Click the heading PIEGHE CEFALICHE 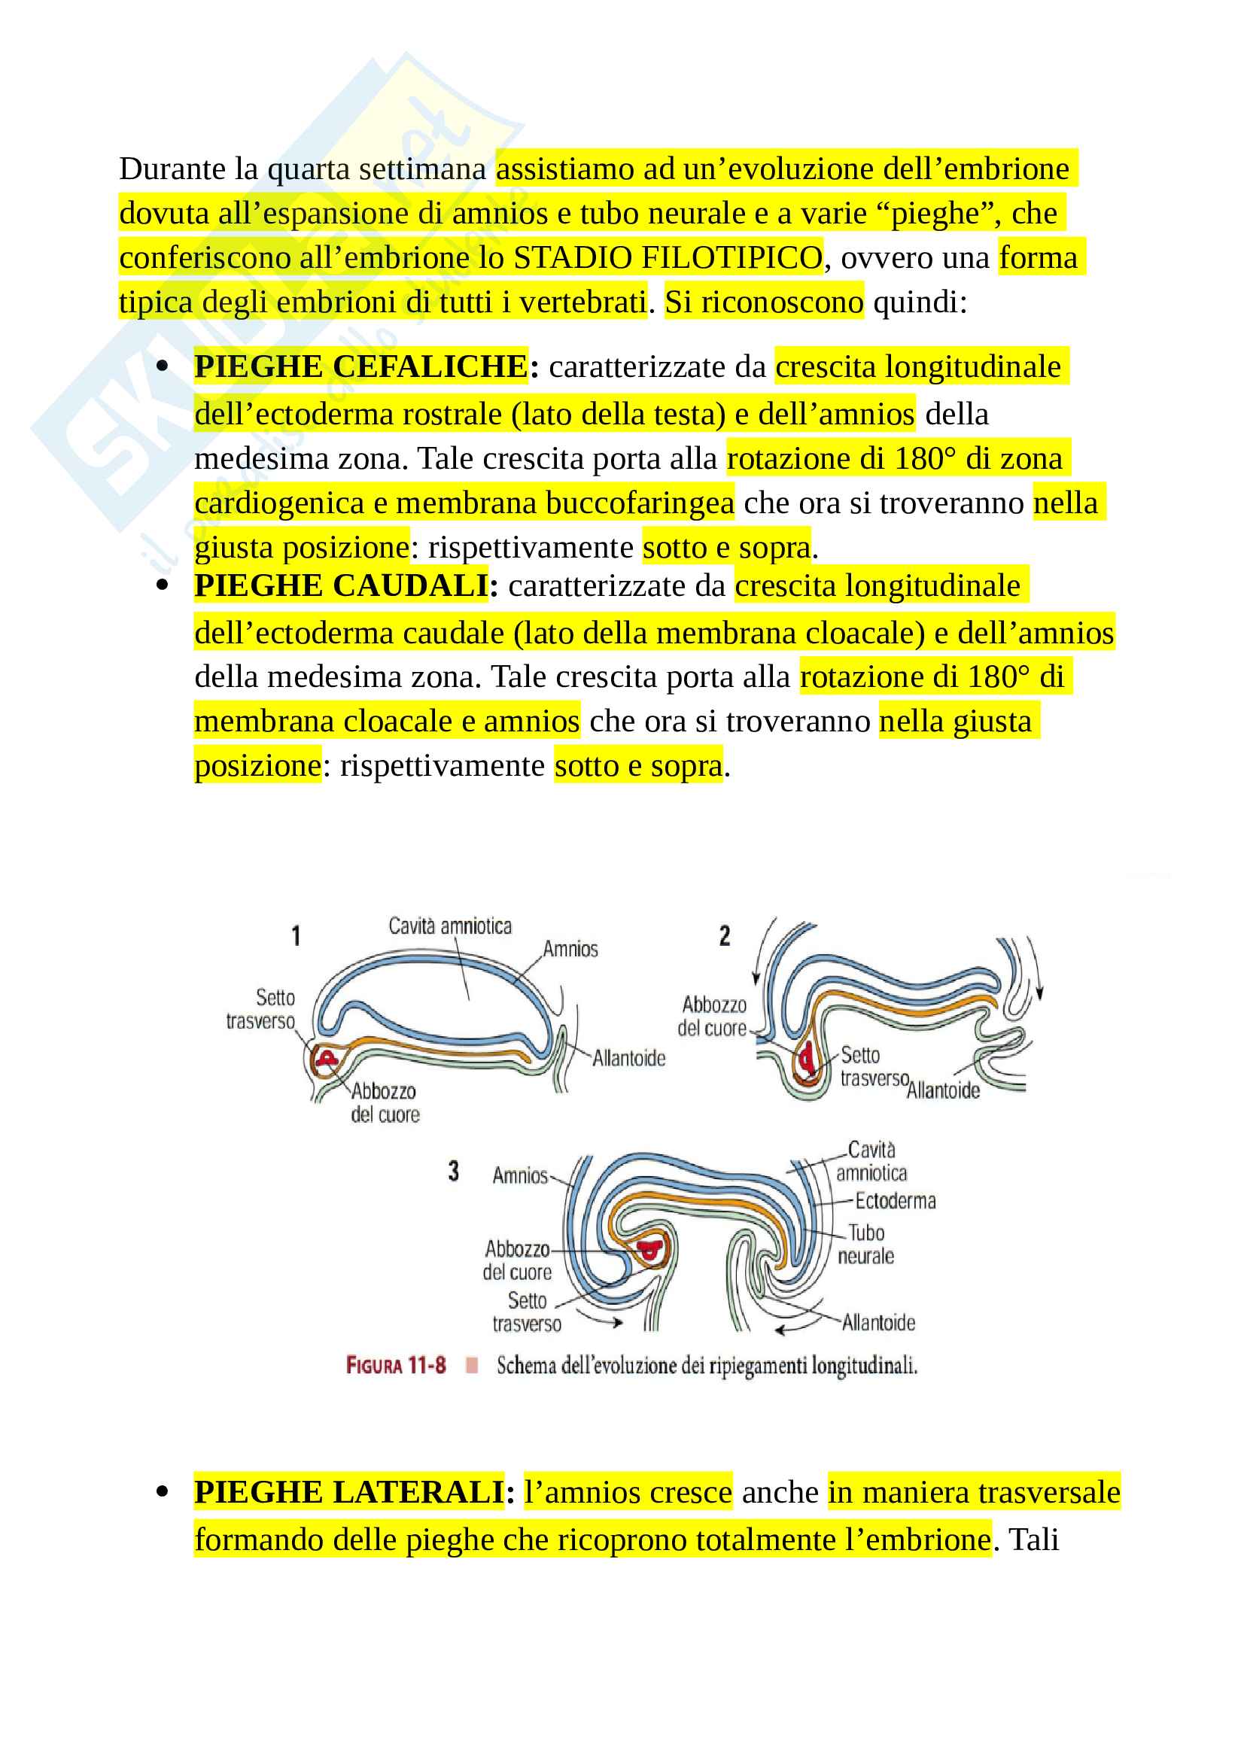tap(360, 366)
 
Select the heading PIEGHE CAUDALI tap(341, 585)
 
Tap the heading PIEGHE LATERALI tap(348, 1491)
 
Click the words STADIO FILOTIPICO tap(668, 257)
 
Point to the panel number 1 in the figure tap(296, 935)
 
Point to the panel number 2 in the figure tap(724, 935)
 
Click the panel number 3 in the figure tap(454, 1171)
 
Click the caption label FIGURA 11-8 tap(396, 1365)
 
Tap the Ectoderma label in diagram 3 tap(896, 1200)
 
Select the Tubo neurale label tap(866, 1244)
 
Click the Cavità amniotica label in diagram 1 tap(450, 926)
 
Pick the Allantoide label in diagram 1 tap(628, 1058)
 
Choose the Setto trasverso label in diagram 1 tap(260, 1009)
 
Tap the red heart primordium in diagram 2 tap(806, 1060)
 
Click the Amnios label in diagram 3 tap(520, 1175)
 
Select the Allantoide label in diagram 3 tap(878, 1322)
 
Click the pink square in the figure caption tap(472, 1365)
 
